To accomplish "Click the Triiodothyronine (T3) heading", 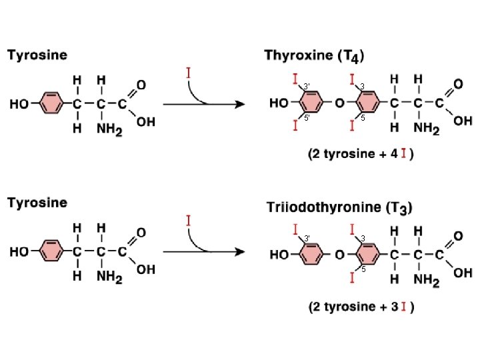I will (338, 207).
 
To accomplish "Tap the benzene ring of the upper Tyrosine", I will (51, 104).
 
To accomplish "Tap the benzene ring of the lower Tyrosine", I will (51, 253).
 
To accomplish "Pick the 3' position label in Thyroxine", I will (306, 86).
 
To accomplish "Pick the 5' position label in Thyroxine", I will (306, 117).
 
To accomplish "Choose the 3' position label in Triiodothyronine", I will (306, 238).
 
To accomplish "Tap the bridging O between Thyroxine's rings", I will (339, 104).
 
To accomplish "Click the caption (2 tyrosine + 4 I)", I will (361, 154).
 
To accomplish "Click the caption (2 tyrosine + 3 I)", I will (361, 307).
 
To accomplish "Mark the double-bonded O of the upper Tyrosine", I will (141, 87).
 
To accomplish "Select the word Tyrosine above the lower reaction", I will (37, 203).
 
